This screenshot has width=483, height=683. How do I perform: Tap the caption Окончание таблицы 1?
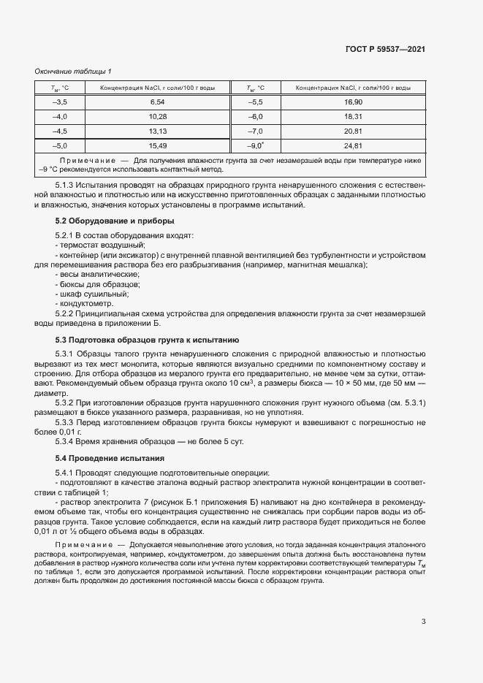(x=73, y=71)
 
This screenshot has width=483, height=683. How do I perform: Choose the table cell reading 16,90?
(x=353, y=102)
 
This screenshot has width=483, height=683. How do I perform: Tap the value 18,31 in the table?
(x=353, y=117)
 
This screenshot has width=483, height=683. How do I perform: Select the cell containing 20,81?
(x=353, y=131)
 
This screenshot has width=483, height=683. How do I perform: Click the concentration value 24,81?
(x=353, y=146)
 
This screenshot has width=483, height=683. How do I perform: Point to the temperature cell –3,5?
(x=60, y=102)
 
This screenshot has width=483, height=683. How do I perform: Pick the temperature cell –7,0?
(x=255, y=131)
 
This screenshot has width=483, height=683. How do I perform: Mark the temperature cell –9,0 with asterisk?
(x=256, y=146)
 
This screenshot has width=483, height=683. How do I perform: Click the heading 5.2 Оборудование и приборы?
(x=115, y=220)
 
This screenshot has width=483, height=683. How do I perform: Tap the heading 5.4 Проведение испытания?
(x=110, y=458)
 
